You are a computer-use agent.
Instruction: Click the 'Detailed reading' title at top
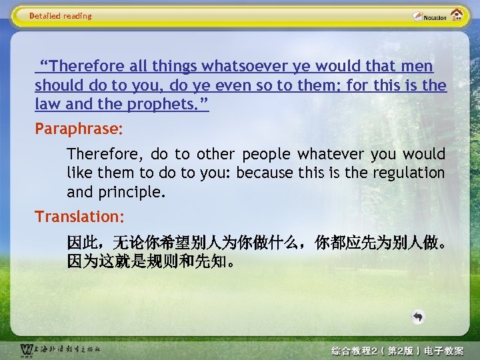pos(61,16)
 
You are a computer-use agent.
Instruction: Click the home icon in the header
pos(457,15)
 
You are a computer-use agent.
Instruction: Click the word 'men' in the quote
pos(417,67)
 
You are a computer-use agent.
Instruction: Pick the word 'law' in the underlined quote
pos(47,104)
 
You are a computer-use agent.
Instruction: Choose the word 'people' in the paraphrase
pos(266,154)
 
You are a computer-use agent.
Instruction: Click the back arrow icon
pos(418,317)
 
